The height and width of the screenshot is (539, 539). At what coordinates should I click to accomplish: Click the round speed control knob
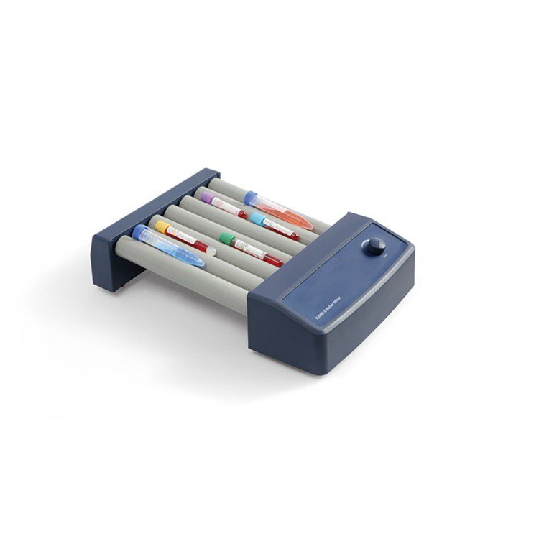(x=374, y=247)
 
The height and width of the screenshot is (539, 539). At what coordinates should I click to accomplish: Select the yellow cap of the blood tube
(x=162, y=227)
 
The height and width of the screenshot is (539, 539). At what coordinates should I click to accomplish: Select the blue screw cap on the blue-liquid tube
(x=139, y=232)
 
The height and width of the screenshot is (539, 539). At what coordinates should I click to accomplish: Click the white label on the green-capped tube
(x=244, y=249)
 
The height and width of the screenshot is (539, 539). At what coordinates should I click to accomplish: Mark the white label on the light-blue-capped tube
(x=273, y=226)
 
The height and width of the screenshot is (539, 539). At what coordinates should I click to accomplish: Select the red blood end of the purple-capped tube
(x=241, y=213)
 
